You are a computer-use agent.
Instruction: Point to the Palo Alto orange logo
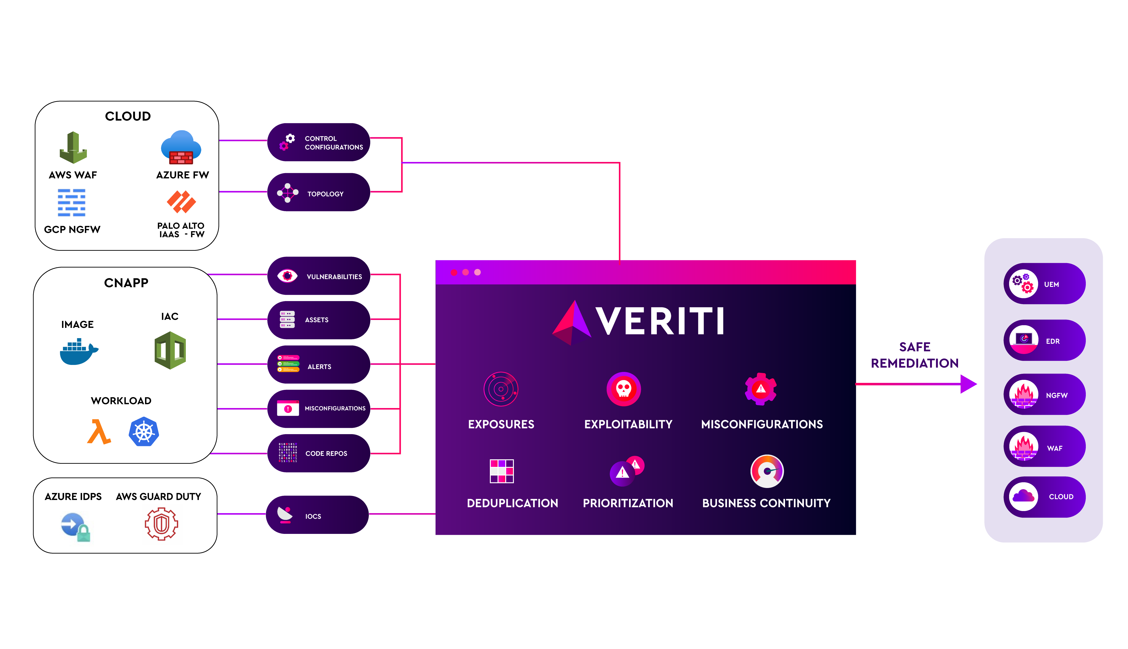[181, 202]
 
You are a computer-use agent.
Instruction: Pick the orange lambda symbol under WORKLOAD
[99, 432]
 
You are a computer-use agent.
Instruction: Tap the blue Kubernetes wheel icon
[144, 432]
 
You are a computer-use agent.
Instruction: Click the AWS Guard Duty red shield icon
[161, 524]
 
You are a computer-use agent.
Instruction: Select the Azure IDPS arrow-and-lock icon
[75, 526]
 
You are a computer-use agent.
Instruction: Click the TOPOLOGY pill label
[325, 194]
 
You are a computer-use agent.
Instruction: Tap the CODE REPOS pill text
[326, 453]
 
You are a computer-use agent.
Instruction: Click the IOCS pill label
[313, 516]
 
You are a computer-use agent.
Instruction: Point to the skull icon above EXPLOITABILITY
[623, 389]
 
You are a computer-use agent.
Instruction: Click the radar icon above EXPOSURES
[501, 389]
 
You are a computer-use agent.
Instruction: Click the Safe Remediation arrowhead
[968, 384]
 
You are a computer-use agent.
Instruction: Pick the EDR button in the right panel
[1044, 340]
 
